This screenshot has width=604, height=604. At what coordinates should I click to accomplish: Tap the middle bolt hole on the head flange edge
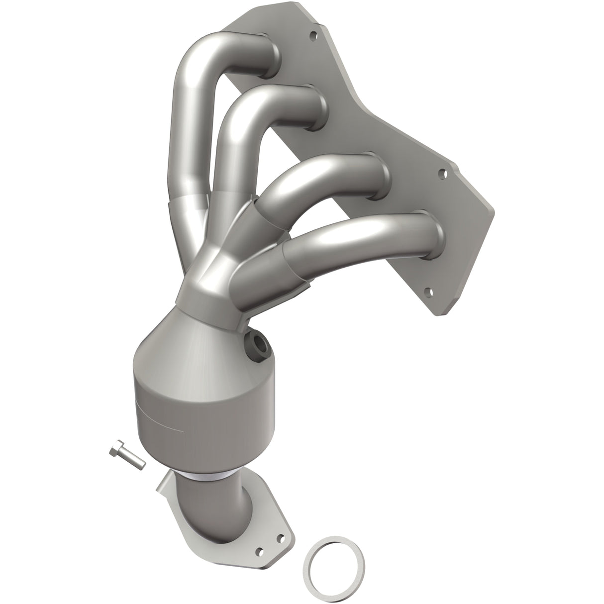pos(441,174)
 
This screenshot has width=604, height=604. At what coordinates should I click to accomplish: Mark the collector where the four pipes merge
pos(209,279)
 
